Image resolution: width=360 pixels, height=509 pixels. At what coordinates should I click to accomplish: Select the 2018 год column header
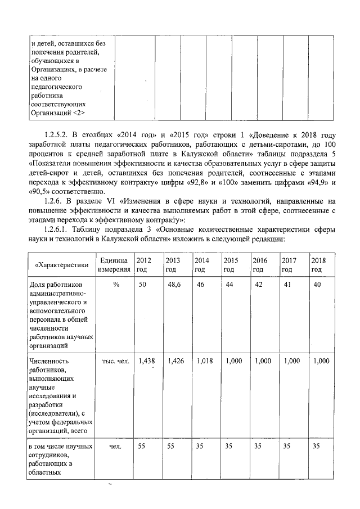pyautogui.click(x=319, y=264)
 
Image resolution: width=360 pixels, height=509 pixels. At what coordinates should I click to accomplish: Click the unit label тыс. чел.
pyautogui.click(x=116, y=361)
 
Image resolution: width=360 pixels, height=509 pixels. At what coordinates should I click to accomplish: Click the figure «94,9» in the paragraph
pyautogui.click(x=320, y=182)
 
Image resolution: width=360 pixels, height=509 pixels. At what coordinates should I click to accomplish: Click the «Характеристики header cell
pyautogui.click(x=62, y=265)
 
